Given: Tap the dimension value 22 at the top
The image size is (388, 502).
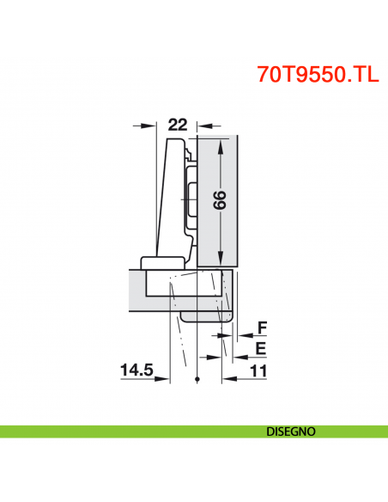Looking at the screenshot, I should pos(177,124).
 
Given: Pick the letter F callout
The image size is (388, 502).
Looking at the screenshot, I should pos(262,327).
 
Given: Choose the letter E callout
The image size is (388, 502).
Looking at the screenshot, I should pos(262,347).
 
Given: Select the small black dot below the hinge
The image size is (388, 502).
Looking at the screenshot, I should pos(197,379).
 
